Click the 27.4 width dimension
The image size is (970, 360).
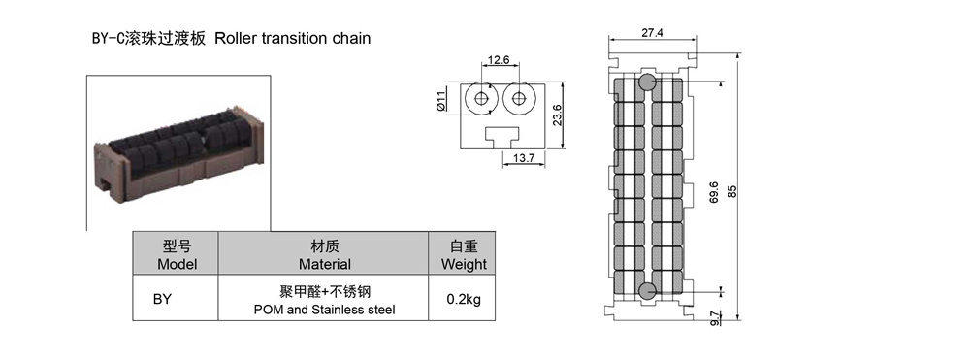652,33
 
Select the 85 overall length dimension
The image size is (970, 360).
733,191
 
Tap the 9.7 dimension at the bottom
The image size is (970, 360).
715,318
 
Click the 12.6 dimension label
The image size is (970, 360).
498,60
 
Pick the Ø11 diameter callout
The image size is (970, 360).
441,101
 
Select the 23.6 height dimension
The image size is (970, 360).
557,115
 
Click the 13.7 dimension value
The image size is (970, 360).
524,158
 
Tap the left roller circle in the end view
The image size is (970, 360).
481,98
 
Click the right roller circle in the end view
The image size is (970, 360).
518,98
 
